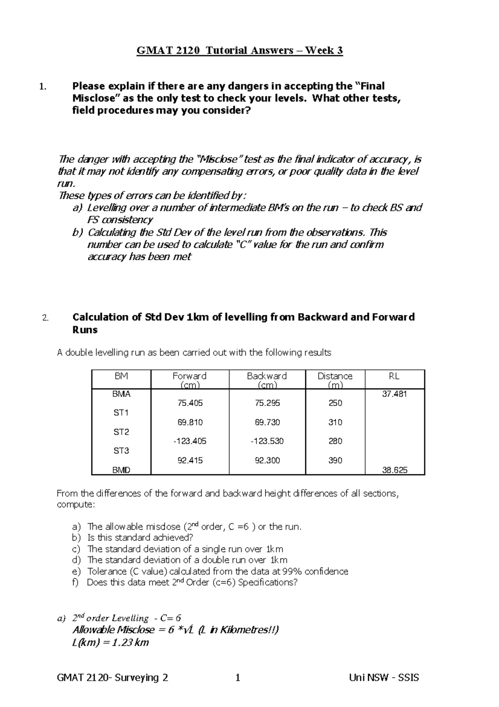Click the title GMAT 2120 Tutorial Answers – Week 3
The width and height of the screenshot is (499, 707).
240,51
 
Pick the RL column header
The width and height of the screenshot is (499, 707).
394,376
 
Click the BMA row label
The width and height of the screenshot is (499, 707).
121,394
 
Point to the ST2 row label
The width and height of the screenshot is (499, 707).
121,432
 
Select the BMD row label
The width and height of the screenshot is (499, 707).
121,470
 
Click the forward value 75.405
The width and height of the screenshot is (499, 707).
190,403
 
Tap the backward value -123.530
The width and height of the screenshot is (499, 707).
267,441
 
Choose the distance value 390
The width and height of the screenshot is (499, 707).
335,460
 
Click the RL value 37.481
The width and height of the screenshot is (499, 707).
395,394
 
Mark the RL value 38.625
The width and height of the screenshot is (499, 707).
395,470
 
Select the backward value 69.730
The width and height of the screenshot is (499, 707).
267,422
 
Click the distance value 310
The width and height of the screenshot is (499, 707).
335,422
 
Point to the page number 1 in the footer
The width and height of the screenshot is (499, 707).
238,678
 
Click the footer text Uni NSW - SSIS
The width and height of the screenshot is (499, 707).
384,678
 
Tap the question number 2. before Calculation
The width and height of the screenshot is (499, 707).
45,318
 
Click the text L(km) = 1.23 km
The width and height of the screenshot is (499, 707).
110,642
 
